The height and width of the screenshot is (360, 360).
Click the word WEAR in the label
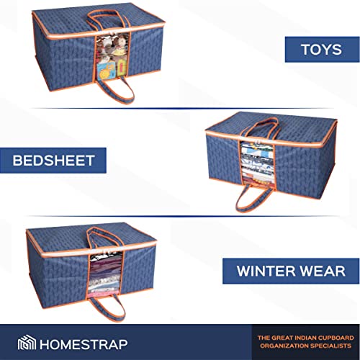pyautogui.click(x=328, y=271)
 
